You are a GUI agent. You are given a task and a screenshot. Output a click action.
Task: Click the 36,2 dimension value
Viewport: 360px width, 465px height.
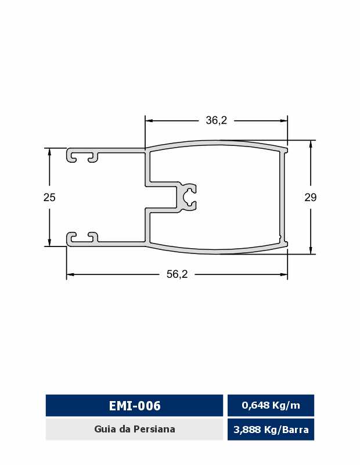[217, 120]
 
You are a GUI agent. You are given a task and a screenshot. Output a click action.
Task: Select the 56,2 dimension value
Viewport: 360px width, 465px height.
[177, 274]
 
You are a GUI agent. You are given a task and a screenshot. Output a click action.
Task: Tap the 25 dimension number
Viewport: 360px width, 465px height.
[49, 197]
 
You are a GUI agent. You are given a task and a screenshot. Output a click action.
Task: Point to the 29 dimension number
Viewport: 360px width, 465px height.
[311, 197]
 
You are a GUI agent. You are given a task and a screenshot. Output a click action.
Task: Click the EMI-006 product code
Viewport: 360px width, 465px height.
[135, 405]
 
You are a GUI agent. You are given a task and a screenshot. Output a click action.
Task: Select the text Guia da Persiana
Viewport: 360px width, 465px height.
[135, 429]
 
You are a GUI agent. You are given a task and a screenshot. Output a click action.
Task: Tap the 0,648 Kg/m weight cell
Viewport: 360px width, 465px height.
[271, 405]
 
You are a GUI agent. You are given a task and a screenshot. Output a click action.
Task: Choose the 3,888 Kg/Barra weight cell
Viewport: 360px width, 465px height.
[271, 429]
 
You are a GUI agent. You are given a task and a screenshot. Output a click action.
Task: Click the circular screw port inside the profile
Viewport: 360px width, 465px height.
[188, 197]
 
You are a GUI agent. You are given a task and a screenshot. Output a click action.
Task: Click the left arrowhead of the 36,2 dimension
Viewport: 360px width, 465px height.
[149, 121]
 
